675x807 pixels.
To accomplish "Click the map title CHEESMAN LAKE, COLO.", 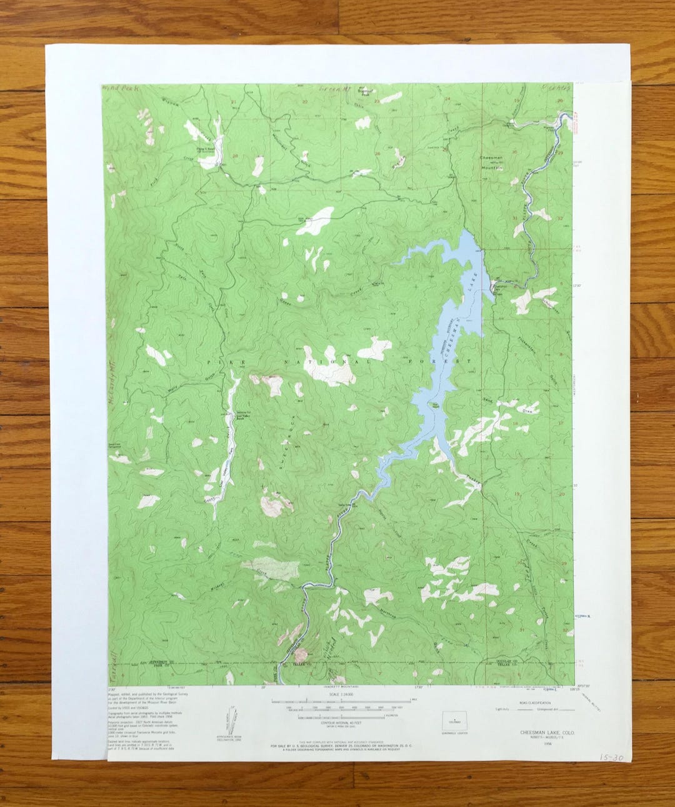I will click(x=544, y=732).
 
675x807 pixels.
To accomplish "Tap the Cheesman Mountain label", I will click(x=492, y=164).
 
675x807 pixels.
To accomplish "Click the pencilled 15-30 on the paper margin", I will click(x=611, y=757).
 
